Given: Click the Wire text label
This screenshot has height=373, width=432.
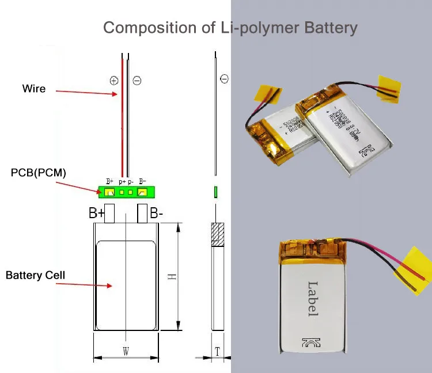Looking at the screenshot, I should (x=34, y=89).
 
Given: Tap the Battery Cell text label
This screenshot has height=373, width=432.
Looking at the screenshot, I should (x=35, y=275).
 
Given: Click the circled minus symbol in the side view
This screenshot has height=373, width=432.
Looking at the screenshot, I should (x=224, y=79).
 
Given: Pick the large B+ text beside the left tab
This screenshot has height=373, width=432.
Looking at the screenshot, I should (x=97, y=213).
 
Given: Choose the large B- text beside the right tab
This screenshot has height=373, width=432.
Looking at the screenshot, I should (x=157, y=213).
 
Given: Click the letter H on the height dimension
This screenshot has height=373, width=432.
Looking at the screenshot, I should (x=171, y=277).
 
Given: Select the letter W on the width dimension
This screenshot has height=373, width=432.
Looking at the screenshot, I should (x=126, y=351).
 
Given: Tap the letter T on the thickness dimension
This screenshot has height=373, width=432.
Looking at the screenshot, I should (x=217, y=351).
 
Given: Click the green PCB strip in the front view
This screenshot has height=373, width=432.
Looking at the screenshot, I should (x=126, y=191).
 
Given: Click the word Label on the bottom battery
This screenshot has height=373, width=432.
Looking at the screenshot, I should (x=313, y=298).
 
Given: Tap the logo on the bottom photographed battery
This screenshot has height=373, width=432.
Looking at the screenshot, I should (x=310, y=343).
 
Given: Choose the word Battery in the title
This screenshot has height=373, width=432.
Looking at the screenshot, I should (x=327, y=27).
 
